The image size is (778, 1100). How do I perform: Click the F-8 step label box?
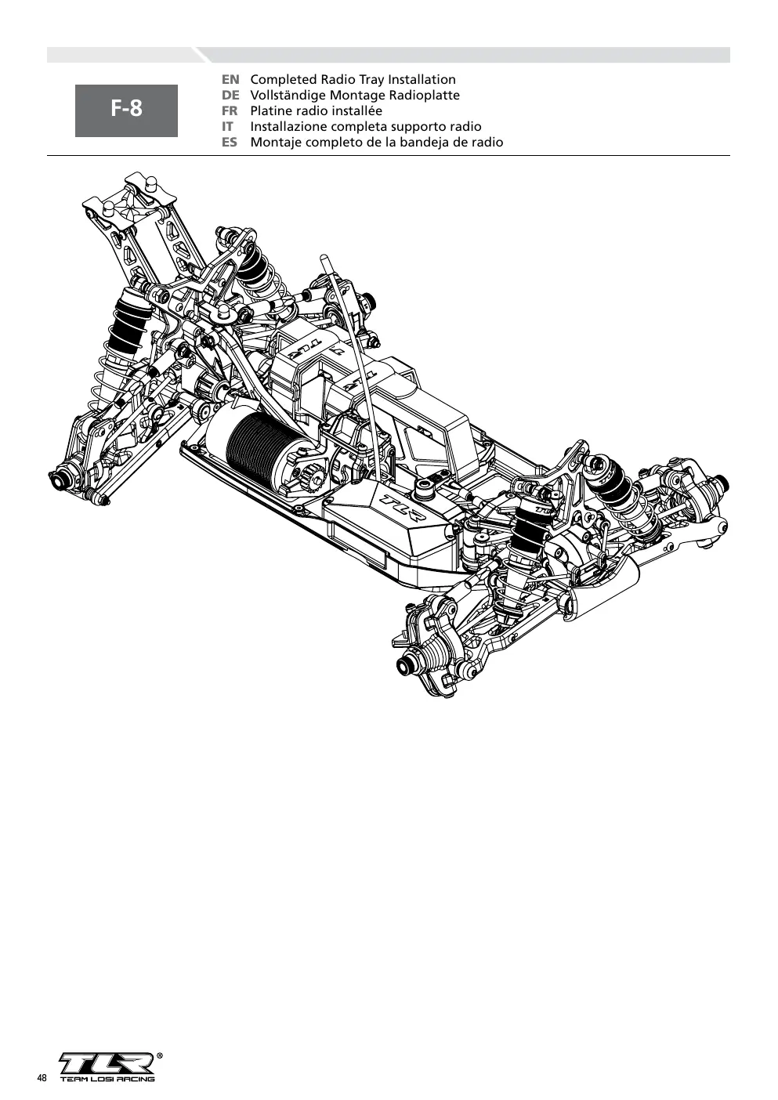(x=126, y=110)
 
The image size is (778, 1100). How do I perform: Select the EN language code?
(x=230, y=80)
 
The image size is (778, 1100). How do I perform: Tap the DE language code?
(x=230, y=96)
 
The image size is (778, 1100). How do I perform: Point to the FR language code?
(x=230, y=111)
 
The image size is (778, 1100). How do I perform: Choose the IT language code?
(x=227, y=127)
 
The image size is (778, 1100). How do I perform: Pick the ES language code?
(x=230, y=143)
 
